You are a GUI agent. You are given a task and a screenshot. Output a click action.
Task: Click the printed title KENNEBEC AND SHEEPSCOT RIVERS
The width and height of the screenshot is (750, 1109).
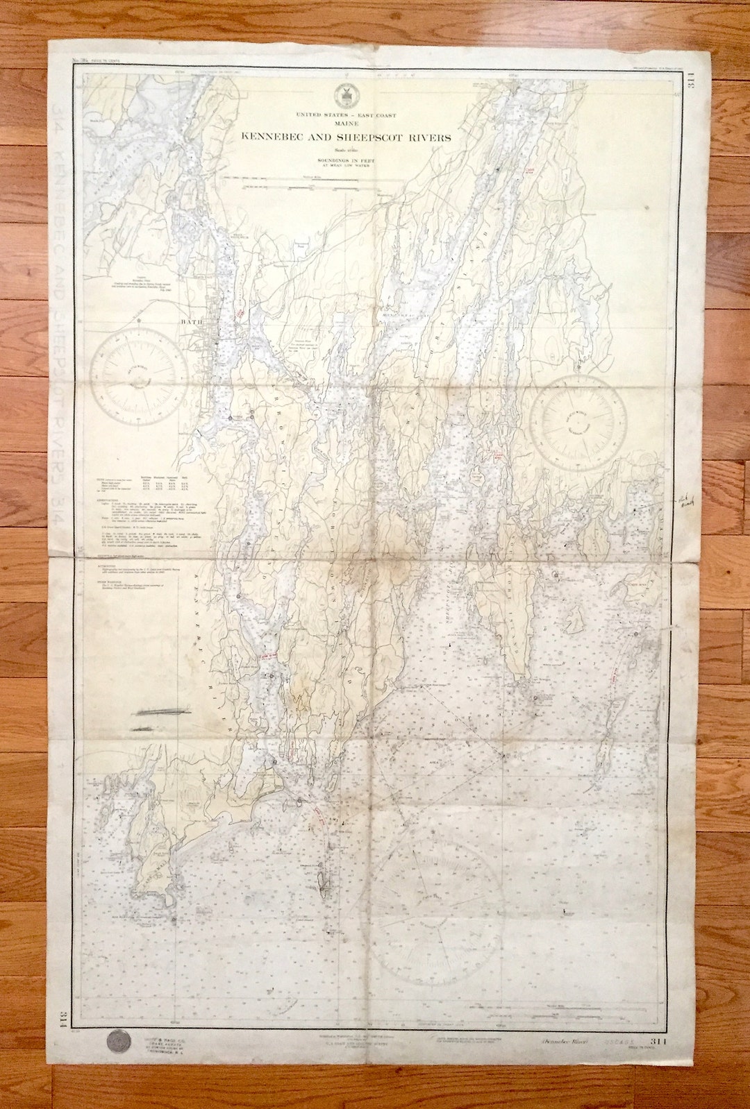click(346, 137)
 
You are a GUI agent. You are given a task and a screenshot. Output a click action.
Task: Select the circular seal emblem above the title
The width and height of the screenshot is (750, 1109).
click(343, 95)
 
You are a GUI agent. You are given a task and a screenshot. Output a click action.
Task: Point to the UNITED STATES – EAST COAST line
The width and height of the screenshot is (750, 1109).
click(346, 115)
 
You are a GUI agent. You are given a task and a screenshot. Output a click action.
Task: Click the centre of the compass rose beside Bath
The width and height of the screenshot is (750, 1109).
click(140, 379)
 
